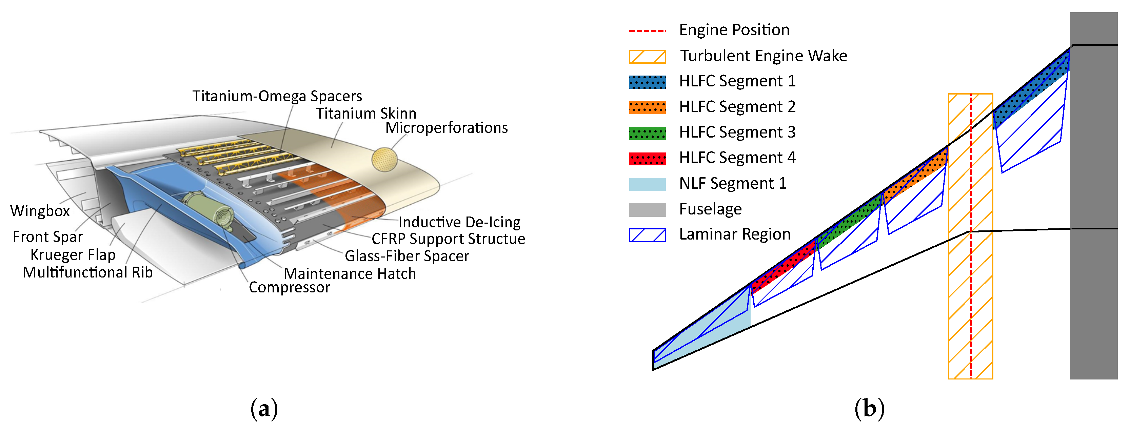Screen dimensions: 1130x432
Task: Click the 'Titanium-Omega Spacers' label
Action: pos(277,96)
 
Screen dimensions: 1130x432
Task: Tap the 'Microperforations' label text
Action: pos(447,128)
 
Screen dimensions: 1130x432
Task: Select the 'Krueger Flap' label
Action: pos(73,255)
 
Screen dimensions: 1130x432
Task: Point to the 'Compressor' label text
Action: pos(290,287)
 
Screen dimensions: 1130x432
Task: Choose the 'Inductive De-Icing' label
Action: pos(459,222)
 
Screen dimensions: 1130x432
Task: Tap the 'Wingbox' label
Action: pos(40,211)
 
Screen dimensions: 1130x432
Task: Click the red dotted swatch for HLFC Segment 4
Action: pos(647,158)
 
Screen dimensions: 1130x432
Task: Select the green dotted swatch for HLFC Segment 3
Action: pos(647,133)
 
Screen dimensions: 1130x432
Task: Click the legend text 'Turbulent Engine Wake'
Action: pos(763,56)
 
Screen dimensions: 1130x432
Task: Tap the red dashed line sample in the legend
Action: pos(647,31)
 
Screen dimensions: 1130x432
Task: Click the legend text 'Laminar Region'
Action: pos(735,234)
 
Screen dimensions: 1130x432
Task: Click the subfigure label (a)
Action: pos(264,409)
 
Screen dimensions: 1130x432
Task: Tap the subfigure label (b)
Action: pos(869,409)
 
